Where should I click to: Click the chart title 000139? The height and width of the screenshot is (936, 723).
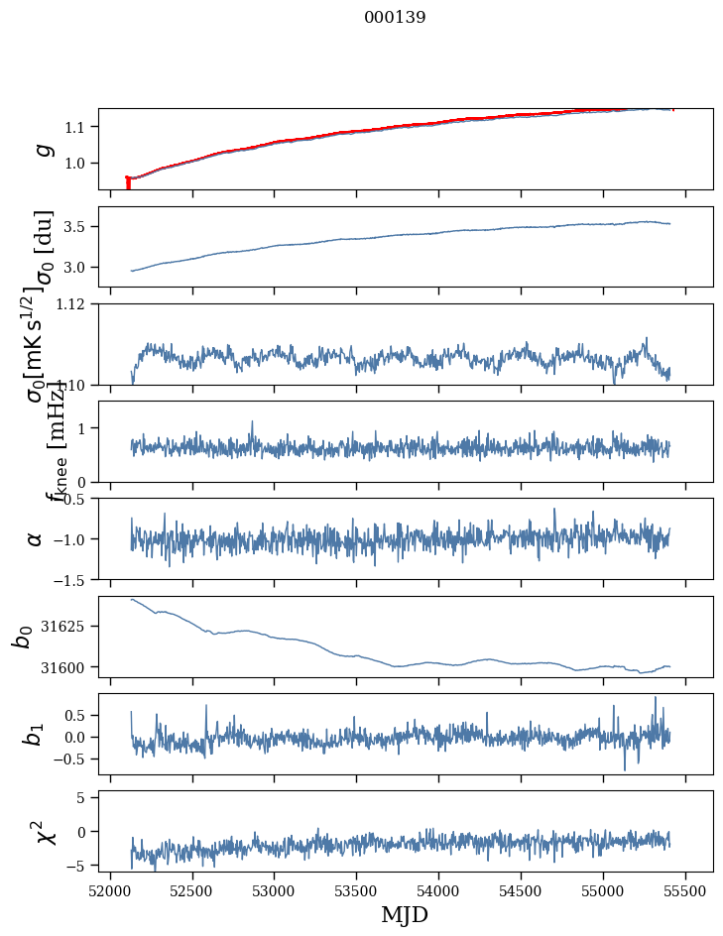[395, 17]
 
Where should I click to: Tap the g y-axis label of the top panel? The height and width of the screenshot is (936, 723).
[42, 149]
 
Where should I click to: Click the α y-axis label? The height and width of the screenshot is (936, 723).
[36, 538]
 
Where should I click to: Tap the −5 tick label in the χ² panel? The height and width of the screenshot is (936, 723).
[81, 866]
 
